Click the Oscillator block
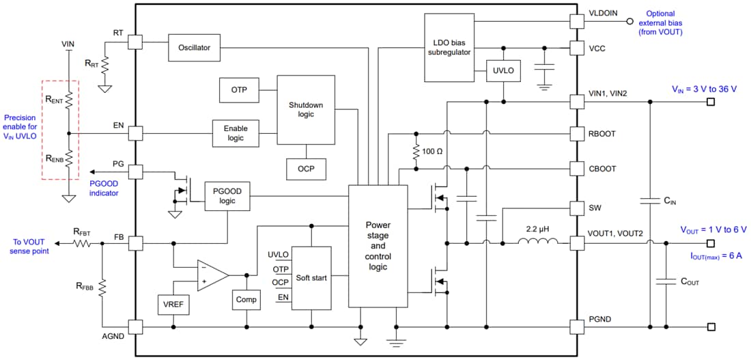coord(194,48)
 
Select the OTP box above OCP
coord(239,90)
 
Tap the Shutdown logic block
coord(305,109)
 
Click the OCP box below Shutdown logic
coord(305,169)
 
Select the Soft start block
coord(311,278)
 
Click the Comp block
coord(246,299)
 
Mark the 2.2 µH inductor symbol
coord(538,241)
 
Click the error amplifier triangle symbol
coord(212,275)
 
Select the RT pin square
coord(134,42)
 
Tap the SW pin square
coord(577,207)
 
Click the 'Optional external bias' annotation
coord(660,23)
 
